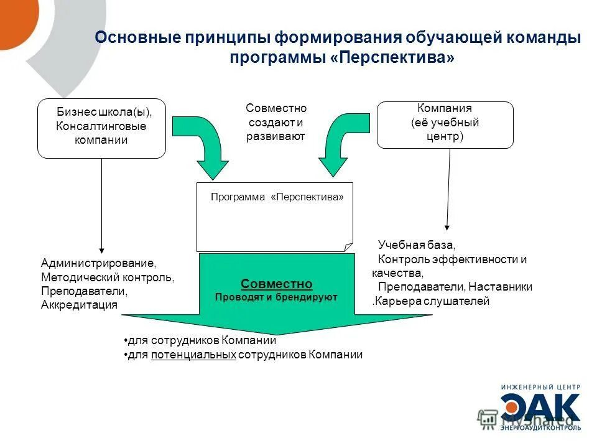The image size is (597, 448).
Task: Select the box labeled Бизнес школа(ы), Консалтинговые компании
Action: click(102, 128)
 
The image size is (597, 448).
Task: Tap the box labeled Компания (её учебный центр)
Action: click(445, 125)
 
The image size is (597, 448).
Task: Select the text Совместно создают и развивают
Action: click(275, 123)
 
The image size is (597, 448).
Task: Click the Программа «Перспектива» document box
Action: click(274, 217)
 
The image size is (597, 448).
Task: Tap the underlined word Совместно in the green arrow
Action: click(276, 284)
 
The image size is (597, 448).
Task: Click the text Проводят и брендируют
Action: click(276, 297)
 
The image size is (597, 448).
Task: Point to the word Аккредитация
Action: click(79, 305)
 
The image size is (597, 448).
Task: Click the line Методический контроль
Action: click(107, 278)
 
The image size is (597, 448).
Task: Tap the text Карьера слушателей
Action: click(432, 301)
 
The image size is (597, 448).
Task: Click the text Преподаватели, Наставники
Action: click(455, 287)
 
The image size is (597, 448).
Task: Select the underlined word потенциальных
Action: click(193, 355)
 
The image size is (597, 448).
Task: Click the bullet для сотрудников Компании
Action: click(201, 341)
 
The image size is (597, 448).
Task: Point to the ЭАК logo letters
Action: click(540, 408)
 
